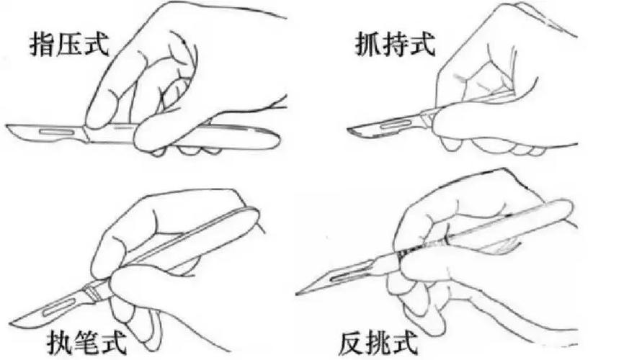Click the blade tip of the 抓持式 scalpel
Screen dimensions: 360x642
coord(349,130)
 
